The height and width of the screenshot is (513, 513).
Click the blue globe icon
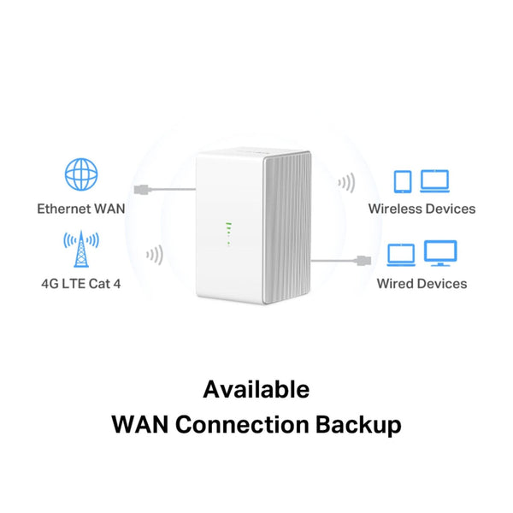(x=81, y=174)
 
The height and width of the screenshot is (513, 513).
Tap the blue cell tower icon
(x=81, y=249)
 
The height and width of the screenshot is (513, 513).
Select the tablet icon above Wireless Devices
(x=403, y=181)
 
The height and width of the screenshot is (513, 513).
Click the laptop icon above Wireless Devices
(x=434, y=181)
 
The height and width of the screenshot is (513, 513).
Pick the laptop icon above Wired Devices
(x=401, y=255)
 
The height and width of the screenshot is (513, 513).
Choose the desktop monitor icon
(x=440, y=253)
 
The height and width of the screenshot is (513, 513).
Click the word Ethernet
(x=63, y=209)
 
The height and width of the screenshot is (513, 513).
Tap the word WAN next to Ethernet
(x=109, y=209)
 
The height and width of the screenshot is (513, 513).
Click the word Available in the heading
(x=256, y=389)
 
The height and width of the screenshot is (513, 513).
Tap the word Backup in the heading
(x=358, y=425)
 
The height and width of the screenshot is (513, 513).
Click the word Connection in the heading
(x=242, y=424)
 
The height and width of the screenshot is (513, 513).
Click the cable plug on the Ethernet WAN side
(x=142, y=190)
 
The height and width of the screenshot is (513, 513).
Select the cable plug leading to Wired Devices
(x=363, y=261)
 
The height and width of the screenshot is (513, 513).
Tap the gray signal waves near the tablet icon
(x=347, y=183)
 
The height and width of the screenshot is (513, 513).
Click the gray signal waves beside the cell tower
(x=155, y=255)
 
